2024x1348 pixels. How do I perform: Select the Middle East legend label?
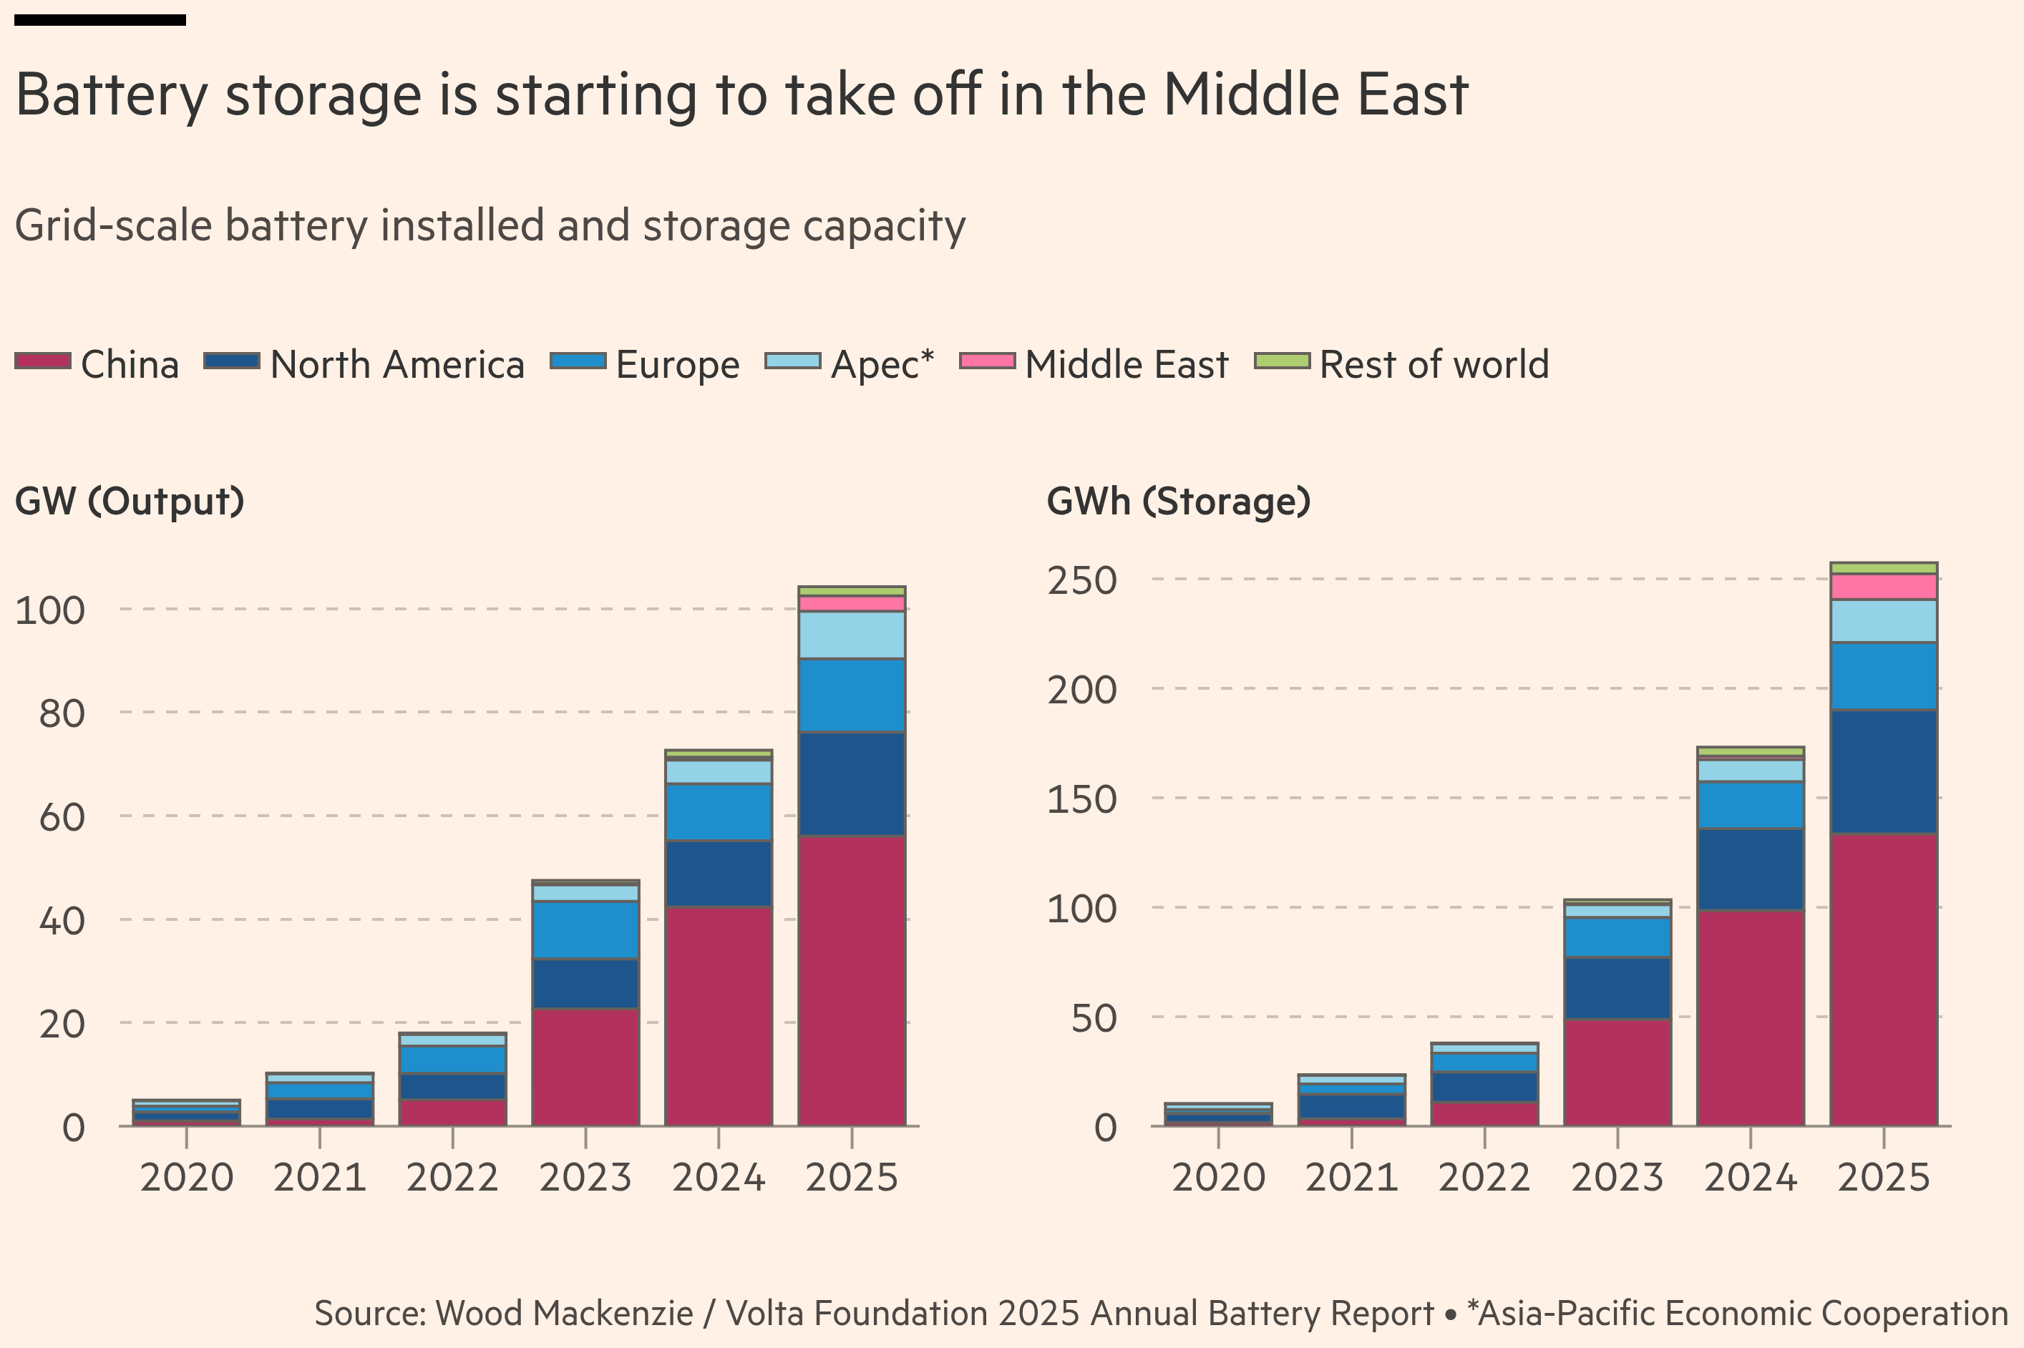click(1127, 364)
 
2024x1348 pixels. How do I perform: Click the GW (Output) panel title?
click(130, 501)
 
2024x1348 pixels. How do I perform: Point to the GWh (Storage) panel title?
click(1178, 501)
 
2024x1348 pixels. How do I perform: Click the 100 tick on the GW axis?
click(50, 610)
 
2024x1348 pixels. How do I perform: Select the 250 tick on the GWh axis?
click(1081, 580)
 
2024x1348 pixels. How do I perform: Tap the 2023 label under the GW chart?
click(585, 1177)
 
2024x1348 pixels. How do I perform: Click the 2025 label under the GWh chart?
click(1884, 1177)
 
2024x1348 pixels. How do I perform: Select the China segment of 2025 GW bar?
click(851, 980)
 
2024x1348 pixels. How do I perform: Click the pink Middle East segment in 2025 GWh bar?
click(1884, 587)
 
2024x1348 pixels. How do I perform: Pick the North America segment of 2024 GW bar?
click(719, 874)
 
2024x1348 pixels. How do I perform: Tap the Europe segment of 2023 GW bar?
click(585, 929)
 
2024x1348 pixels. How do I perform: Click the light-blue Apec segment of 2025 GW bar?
click(851, 635)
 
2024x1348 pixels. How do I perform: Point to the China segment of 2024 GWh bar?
click(1751, 1018)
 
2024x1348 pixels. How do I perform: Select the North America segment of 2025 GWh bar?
click(1884, 772)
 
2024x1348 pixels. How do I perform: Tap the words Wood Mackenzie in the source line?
click(564, 1314)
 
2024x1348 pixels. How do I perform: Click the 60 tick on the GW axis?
click(62, 816)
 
